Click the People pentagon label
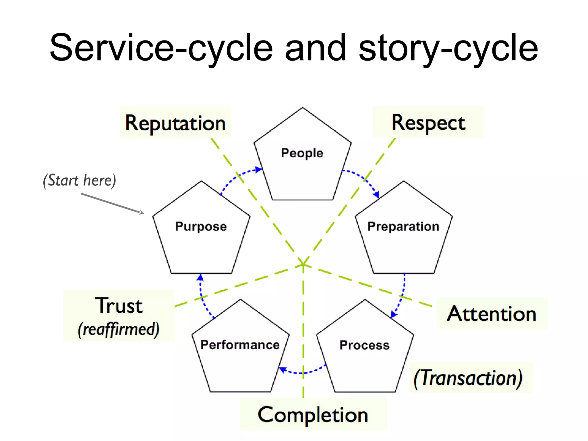[x=302, y=153]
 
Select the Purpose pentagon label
[x=201, y=227]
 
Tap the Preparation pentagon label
[x=403, y=227]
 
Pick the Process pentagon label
[x=364, y=345]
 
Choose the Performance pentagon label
[x=240, y=345]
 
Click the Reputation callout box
[x=175, y=123]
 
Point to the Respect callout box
[x=428, y=122]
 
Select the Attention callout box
[x=492, y=314]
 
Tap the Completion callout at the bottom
[x=313, y=415]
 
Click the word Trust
[x=119, y=305]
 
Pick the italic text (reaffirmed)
[x=118, y=329]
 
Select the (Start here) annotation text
[x=80, y=180]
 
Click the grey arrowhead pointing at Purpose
[x=141, y=213]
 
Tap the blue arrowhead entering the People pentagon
[x=259, y=169]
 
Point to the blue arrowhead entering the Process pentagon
[x=394, y=314]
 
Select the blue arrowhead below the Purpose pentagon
[x=200, y=277]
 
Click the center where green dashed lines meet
[x=303, y=264]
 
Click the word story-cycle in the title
[x=448, y=48]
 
